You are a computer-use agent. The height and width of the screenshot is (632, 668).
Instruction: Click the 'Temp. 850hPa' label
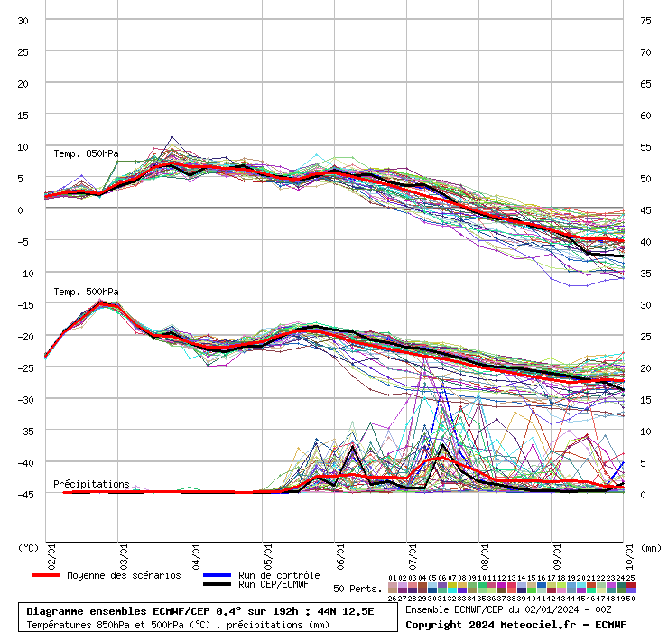[x=86, y=153]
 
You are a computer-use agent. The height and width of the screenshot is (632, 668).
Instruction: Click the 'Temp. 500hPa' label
[x=86, y=292]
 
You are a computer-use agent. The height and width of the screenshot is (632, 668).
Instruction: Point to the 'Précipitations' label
[x=91, y=485]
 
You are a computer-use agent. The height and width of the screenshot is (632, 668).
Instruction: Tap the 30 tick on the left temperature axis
[x=23, y=21]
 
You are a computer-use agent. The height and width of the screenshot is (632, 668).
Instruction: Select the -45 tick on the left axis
[x=23, y=495]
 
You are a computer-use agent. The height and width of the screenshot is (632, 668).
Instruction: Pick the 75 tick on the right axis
[x=645, y=21]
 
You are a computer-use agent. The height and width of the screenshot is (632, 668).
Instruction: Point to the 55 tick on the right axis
[x=645, y=147]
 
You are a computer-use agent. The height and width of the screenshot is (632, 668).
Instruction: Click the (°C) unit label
[x=29, y=547]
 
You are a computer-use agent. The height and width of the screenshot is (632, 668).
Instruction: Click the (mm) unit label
[x=651, y=547]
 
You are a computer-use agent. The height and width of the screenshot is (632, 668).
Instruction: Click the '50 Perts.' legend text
[x=357, y=589]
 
